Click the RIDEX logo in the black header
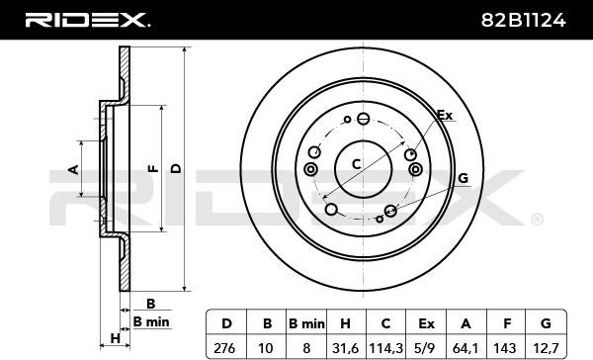click(x=87, y=20)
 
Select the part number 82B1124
click(x=524, y=20)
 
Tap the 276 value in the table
click(x=224, y=347)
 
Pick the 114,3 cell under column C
click(x=385, y=347)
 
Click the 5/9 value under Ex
click(x=426, y=347)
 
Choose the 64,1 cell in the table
click(x=466, y=347)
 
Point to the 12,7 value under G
click(x=546, y=347)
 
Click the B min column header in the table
click(x=306, y=324)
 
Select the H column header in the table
click(x=345, y=323)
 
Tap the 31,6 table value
click(x=345, y=347)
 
